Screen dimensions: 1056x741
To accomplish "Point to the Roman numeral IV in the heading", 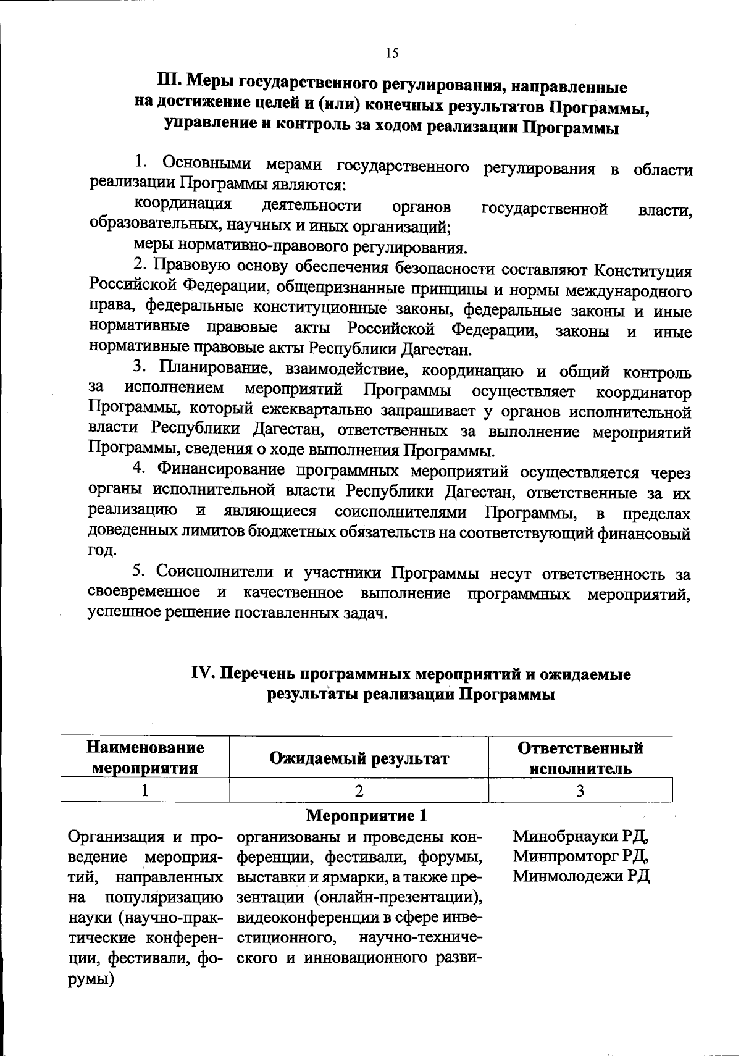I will click(203, 674).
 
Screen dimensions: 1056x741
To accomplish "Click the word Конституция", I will click(642, 270).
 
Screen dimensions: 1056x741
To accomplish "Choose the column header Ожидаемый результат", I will click(358, 758).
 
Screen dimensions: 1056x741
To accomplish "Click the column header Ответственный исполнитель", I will click(580, 758).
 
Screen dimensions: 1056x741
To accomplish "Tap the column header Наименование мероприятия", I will click(145, 758).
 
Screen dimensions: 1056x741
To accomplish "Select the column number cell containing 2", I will click(358, 790).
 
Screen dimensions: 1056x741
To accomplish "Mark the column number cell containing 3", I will click(580, 790).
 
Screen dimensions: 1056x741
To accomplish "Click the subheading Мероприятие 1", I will click(367, 816).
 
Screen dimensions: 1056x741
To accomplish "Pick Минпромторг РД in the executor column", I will click(580, 857).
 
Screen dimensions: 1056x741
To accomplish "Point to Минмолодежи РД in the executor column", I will click(581, 876).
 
